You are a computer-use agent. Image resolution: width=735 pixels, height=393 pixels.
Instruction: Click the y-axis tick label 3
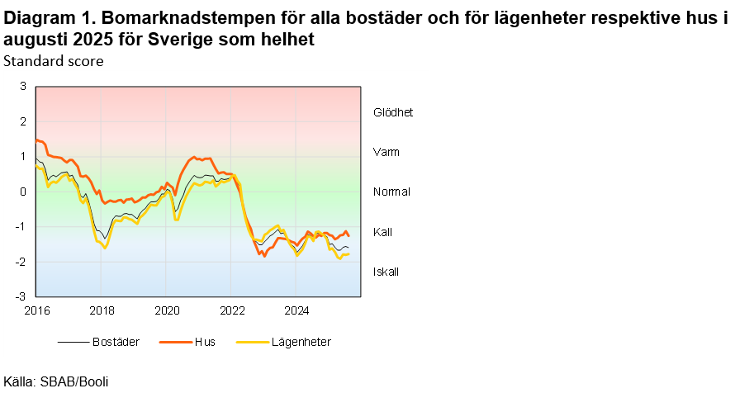tap(23, 87)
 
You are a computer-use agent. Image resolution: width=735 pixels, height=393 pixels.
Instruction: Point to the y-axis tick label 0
tap(23, 192)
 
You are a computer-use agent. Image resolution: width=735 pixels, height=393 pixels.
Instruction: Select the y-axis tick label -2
tap(21, 262)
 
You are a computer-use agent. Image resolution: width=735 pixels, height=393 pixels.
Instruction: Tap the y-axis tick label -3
tap(21, 296)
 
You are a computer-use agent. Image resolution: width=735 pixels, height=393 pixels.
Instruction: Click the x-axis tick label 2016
tap(36, 310)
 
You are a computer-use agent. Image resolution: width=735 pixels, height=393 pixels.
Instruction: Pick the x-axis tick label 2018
tap(102, 310)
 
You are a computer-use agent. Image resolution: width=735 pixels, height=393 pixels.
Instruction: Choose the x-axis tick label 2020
tap(167, 310)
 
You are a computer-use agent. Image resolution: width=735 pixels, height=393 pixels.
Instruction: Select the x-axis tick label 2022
tap(232, 310)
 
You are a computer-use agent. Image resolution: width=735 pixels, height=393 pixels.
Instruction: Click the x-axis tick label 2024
tap(297, 310)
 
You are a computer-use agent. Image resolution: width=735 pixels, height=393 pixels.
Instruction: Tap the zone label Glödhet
tap(392, 112)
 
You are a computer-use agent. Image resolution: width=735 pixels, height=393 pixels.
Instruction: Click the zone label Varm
tap(386, 152)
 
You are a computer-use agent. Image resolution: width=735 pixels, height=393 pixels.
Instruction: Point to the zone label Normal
tap(391, 192)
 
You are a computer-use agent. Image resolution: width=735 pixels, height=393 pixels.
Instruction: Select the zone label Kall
tap(382, 232)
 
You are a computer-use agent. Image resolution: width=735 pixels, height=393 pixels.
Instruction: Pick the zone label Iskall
tap(386, 272)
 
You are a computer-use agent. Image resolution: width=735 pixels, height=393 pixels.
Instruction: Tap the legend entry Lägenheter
tap(301, 342)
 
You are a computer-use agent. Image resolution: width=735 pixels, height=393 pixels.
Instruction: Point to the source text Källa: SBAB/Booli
tap(56, 381)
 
